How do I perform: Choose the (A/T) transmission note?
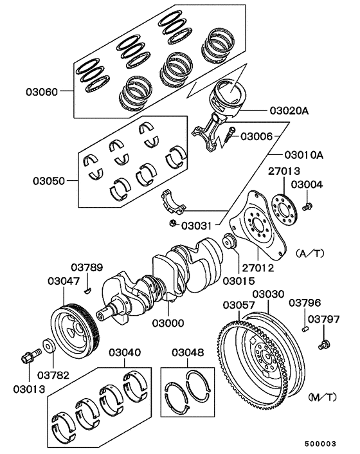310,253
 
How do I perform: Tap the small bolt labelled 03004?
308,206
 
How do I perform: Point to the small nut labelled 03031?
173,223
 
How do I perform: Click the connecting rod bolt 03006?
230,136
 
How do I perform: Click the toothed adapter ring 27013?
283,204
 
